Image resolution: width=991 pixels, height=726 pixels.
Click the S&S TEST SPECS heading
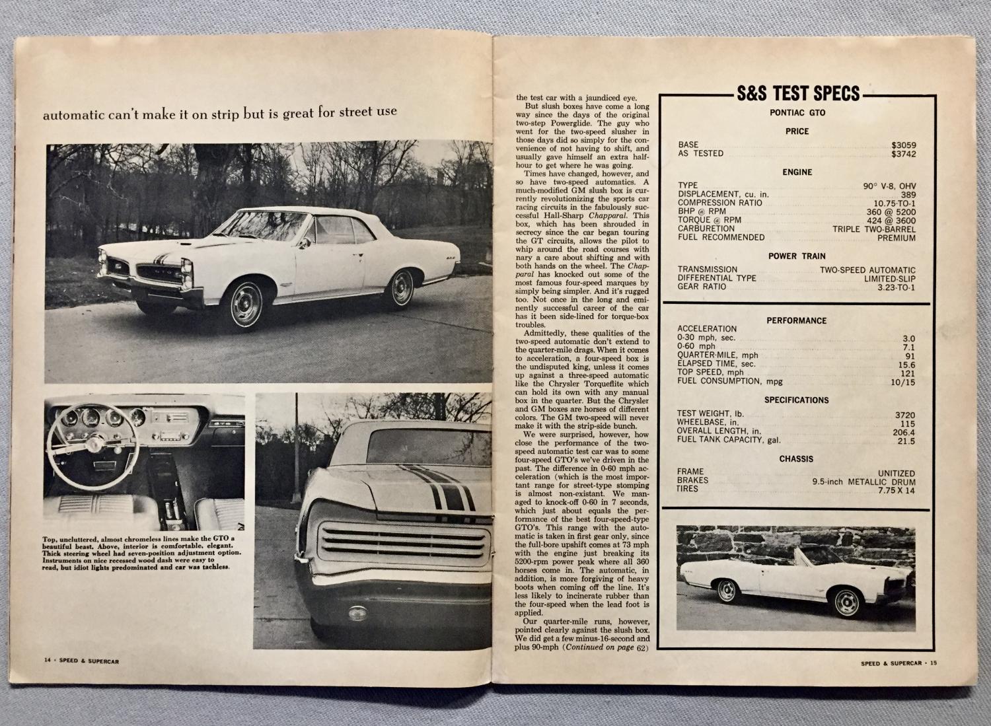point(796,93)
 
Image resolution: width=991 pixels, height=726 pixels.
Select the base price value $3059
point(903,145)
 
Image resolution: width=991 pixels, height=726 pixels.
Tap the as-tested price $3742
point(903,154)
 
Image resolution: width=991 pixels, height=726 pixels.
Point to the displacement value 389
point(908,194)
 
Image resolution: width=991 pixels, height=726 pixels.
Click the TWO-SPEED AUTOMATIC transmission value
point(867,270)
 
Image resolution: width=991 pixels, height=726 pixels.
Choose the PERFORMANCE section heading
point(796,320)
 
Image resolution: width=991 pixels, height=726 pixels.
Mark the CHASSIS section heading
point(796,458)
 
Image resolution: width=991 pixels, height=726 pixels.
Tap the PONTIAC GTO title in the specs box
point(797,113)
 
